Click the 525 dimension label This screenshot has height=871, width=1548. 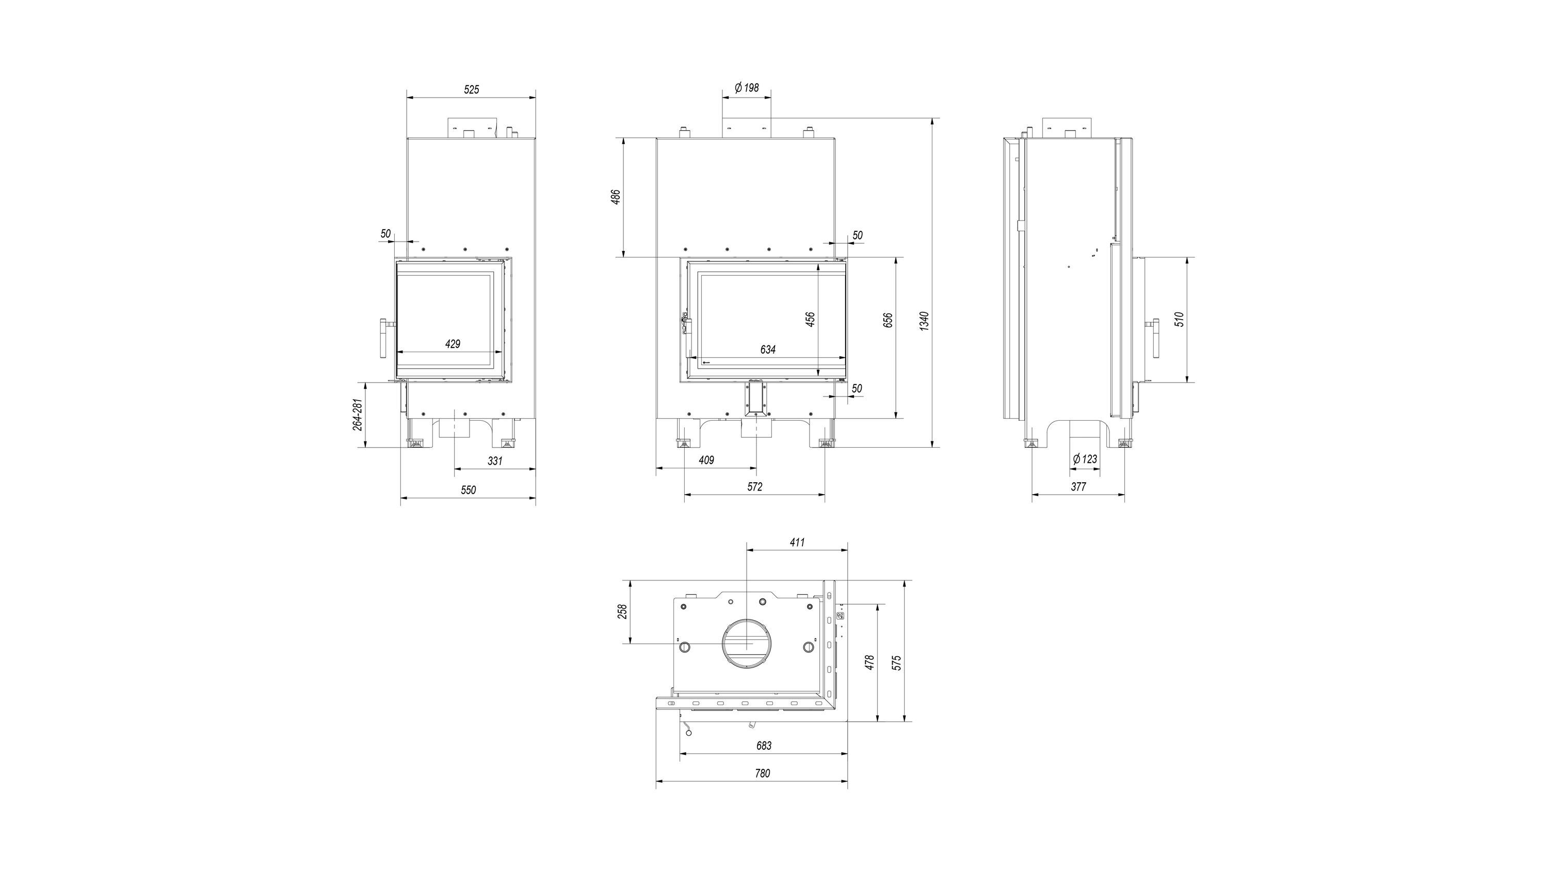click(472, 89)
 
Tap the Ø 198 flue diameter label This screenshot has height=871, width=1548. click(747, 88)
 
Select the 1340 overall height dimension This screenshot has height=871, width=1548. click(925, 321)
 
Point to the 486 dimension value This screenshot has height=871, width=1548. click(616, 197)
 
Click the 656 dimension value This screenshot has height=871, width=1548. click(889, 321)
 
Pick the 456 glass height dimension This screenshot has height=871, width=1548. click(810, 319)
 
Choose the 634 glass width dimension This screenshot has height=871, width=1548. click(767, 349)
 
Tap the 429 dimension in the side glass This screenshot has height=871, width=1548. click(453, 344)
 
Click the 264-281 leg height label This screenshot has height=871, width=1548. click(357, 414)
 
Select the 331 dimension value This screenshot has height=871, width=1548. click(494, 461)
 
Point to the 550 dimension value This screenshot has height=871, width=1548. click(468, 490)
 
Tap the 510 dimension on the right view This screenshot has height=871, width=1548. click(1179, 319)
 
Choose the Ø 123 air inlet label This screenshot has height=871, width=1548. click(1085, 459)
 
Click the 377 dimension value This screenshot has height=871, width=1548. click(1078, 487)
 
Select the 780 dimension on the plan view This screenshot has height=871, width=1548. click(762, 773)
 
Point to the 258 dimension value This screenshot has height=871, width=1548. click(623, 611)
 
